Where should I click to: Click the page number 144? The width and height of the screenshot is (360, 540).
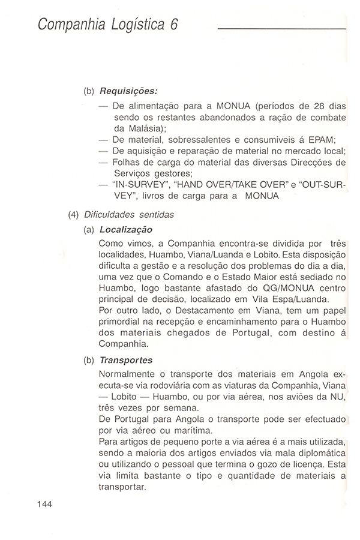[45, 504]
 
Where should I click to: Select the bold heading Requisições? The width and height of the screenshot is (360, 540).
[128, 91]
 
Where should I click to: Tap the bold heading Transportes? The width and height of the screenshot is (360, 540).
[126, 361]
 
